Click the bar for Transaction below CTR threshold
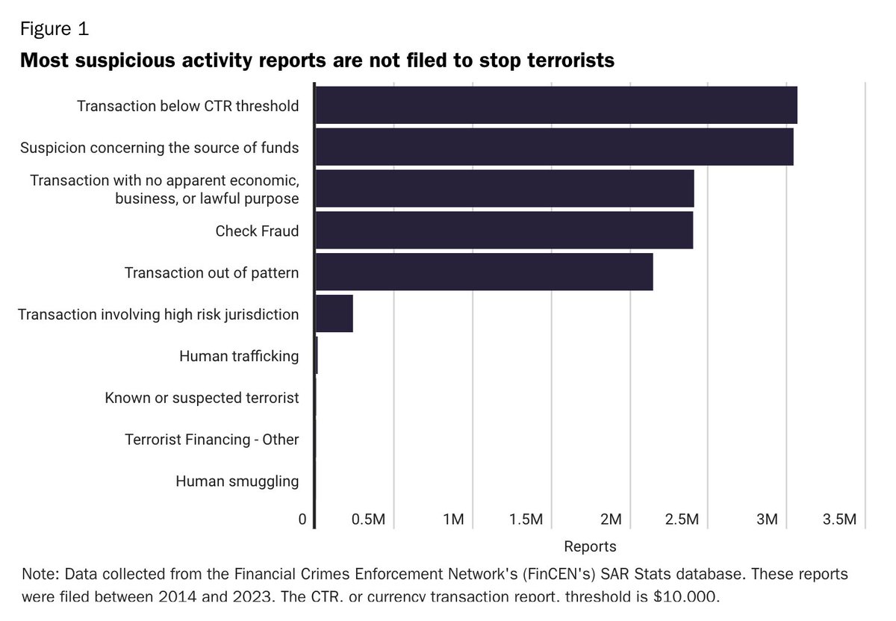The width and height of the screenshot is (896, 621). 556,105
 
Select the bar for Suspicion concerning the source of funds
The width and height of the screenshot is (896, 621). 554,147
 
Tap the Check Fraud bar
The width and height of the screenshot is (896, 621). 504,231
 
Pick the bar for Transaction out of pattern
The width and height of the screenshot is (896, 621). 484,272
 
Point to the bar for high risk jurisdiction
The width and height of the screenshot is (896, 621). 334,314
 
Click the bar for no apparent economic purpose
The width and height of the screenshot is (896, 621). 505,189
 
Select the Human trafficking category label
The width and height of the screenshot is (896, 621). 239,356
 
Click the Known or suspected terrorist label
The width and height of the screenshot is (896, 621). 202,398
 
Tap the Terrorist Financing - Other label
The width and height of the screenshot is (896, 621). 211,440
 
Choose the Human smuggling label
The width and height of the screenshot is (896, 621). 237,481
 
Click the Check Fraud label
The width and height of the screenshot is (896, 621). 257,231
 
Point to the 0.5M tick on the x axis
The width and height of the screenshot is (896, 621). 367,519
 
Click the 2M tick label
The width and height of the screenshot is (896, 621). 611,519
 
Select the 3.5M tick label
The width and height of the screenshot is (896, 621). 839,519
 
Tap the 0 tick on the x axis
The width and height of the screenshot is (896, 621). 302,519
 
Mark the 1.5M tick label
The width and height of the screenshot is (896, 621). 526,519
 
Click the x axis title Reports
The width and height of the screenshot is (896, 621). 590,546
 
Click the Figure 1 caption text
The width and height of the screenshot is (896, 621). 54,29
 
